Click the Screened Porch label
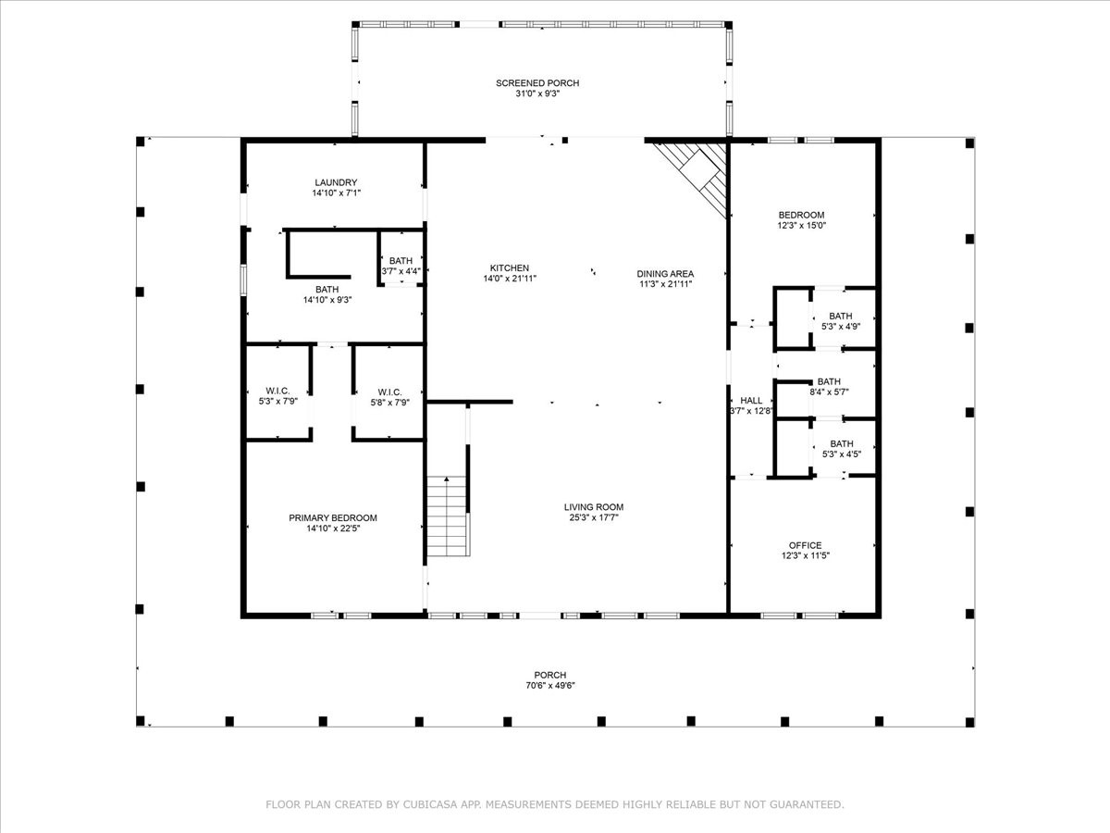click(537, 83)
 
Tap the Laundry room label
click(336, 182)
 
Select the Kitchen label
click(510, 268)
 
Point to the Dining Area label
click(665, 274)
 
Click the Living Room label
click(593, 507)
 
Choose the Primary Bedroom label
click(333, 518)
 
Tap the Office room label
click(805, 545)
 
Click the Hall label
click(751, 401)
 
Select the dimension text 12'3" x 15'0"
click(802, 226)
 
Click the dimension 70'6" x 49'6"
click(550, 686)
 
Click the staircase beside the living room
click(447, 516)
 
